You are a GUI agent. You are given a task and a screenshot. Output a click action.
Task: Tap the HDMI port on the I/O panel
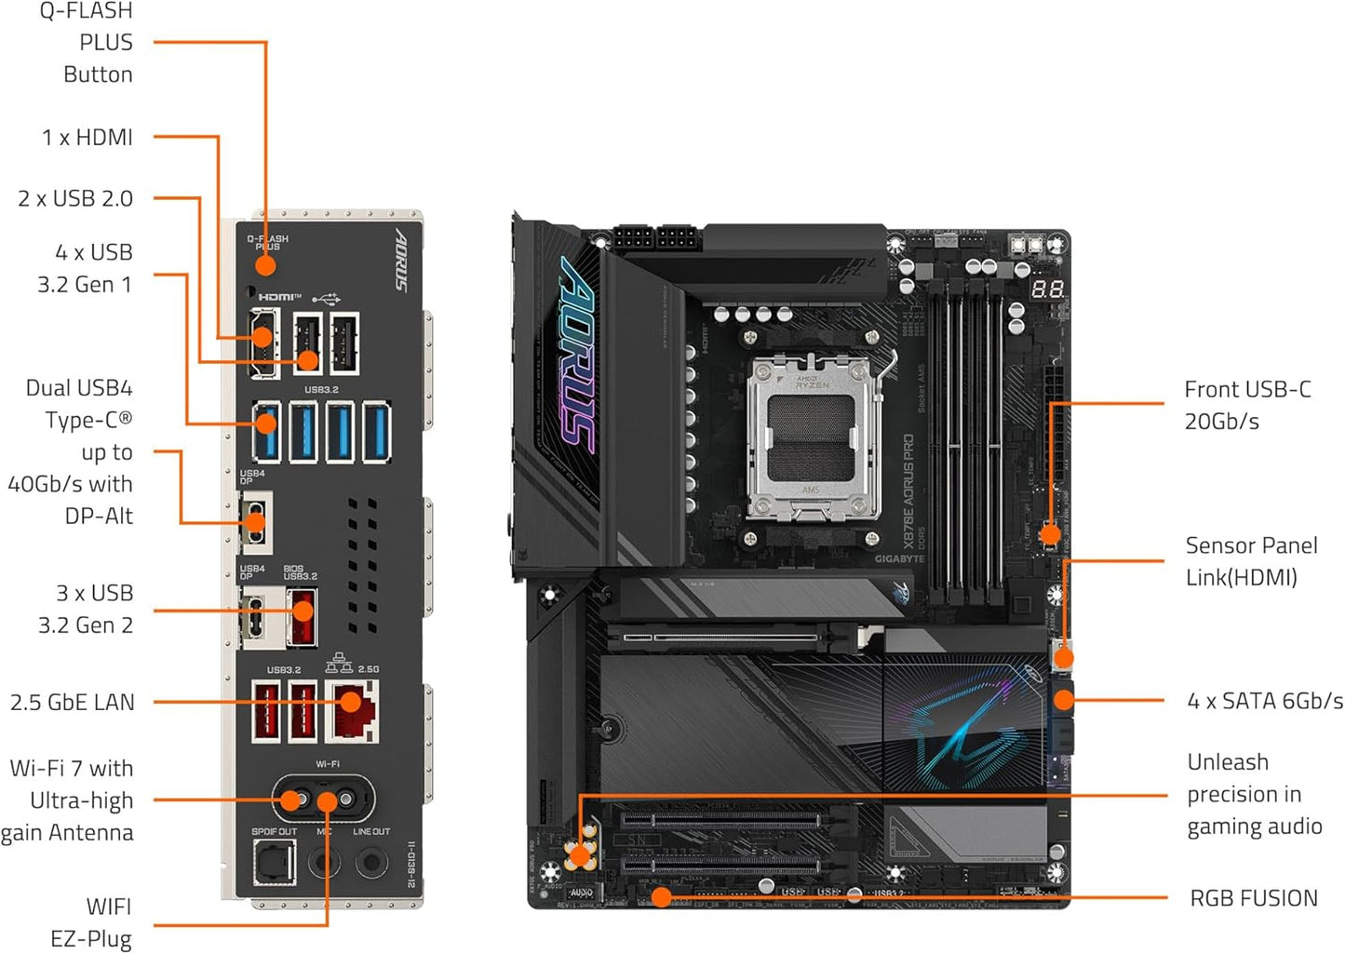[262, 343]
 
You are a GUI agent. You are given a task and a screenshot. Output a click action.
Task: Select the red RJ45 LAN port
[351, 711]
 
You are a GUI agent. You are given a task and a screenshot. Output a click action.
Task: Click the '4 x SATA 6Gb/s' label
[1264, 701]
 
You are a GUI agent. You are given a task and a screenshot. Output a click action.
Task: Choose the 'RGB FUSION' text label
[1253, 898]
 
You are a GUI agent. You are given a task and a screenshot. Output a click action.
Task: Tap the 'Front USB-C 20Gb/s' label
[1246, 405]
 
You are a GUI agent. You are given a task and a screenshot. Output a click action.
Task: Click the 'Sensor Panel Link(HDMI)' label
[1250, 561]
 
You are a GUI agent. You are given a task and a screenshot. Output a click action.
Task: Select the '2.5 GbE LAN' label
[72, 702]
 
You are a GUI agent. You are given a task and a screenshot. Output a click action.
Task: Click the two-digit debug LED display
[1047, 289]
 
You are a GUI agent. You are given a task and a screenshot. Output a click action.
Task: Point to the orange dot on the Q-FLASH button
[265, 265]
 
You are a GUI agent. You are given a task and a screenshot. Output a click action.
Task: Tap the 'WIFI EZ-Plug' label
[90, 922]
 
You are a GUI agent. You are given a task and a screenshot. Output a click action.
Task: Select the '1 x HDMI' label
[87, 138]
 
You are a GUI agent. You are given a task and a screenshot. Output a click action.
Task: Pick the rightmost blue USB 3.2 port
[376, 431]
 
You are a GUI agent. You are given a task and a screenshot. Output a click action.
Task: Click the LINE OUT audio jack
[371, 862]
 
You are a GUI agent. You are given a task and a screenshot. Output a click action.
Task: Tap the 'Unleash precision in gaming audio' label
[1253, 794]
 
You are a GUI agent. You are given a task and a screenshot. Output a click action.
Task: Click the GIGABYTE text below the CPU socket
[899, 559]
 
